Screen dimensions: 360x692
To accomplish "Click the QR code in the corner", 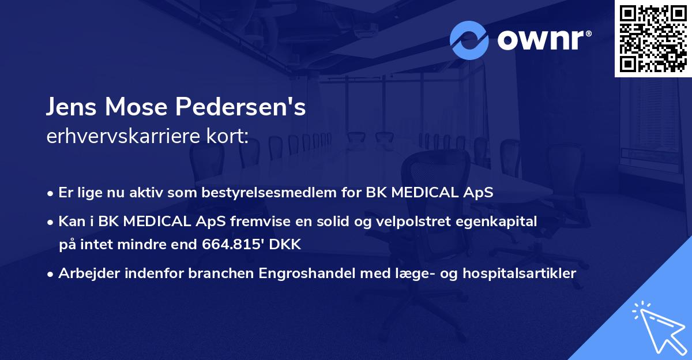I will pos(653,38).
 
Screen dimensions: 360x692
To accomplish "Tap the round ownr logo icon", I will pos(469,40).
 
